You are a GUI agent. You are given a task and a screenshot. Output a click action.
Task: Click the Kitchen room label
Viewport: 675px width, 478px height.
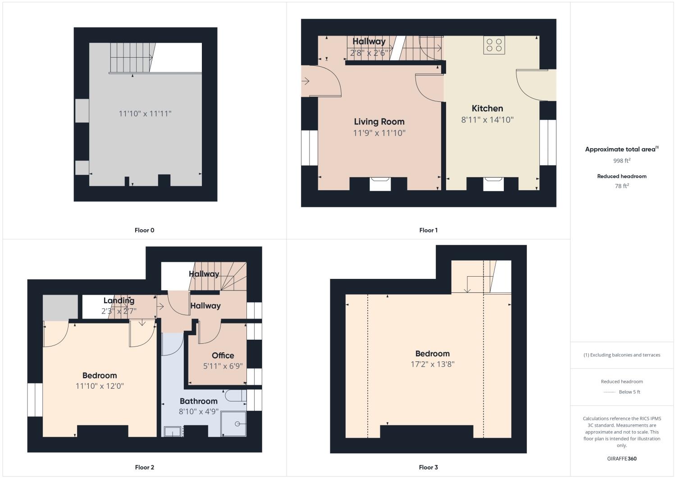click(x=487, y=109)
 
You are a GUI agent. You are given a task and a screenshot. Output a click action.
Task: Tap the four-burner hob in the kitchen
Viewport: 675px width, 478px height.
click(x=494, y=45)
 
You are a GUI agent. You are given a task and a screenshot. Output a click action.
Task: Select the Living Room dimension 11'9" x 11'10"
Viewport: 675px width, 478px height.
click(x=379, y=133)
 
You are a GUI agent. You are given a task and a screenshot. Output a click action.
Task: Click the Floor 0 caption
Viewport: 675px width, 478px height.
click(x=144, y=230)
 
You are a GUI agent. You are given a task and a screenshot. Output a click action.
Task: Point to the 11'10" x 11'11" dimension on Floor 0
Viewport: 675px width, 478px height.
click(x=145, y=114)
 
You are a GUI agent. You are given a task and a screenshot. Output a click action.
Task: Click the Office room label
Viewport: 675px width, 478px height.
click(x=223, y=355)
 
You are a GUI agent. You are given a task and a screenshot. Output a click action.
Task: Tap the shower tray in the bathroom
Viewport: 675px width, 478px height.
click(x=233, y=423)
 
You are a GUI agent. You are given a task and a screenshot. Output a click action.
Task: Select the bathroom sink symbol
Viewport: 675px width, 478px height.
click(x=172, y=432)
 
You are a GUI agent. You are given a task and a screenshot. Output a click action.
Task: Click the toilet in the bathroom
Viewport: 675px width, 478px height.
click(x=235, y=396)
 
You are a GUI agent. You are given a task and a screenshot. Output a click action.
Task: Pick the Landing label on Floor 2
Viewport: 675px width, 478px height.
click(x=119, y=300)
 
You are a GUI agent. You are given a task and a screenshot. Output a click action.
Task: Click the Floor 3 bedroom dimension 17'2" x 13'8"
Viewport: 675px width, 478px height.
click(x=432, y=364)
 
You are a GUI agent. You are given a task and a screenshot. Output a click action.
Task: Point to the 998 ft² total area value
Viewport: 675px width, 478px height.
click(x=621, y=161)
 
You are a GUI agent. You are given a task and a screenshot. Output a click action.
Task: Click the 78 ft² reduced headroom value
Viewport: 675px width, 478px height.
click(x=621, y=186)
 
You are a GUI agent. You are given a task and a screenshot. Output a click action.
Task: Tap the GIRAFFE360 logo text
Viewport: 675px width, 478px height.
click(x=621, y=459)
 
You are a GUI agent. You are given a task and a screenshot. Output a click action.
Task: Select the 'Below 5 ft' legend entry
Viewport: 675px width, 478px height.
click(x=629, y=392)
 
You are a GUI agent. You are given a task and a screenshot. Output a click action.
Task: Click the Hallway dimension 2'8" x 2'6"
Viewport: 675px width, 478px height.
click(x=369, y=53)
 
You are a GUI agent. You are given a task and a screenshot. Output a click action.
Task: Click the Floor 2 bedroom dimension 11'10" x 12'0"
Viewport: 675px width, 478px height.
click(x=100, y=386)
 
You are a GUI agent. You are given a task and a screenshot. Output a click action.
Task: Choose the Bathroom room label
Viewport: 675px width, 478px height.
click(x=198, y=401)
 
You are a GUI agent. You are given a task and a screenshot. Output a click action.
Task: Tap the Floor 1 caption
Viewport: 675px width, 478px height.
click(x=428, y=230)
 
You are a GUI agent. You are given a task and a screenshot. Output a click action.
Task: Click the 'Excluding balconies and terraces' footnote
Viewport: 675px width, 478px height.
click(x=621, y=355)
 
